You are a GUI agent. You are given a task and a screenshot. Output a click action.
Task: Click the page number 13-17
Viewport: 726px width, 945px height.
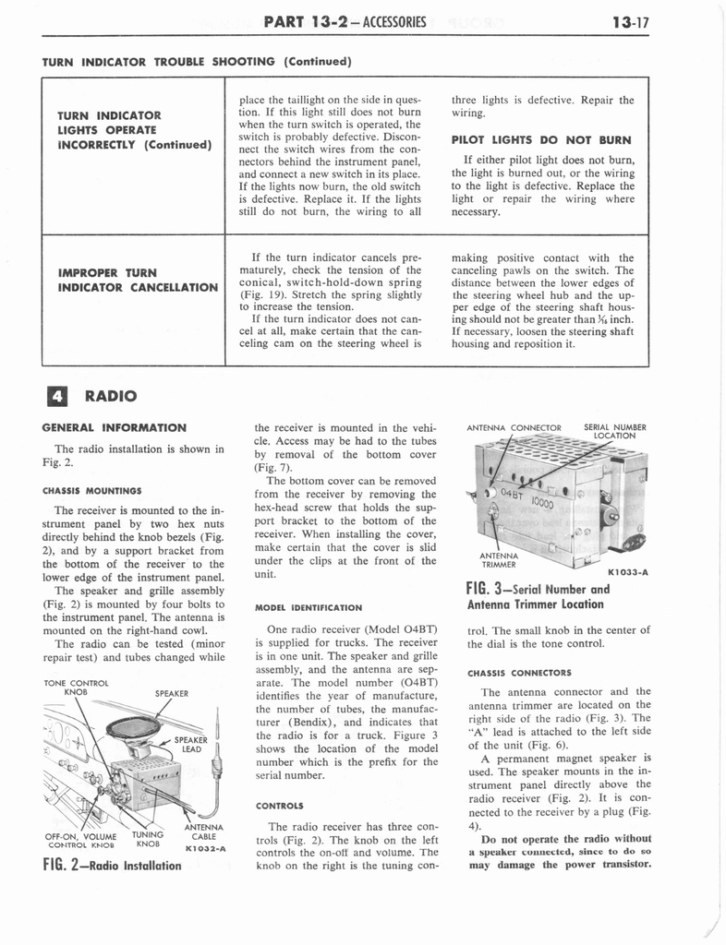tap(631, 18)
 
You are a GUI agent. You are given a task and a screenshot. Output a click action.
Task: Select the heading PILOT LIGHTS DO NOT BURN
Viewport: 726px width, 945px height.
tap(540, 140)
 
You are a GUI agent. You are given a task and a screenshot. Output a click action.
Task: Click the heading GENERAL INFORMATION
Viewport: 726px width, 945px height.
tap(115, 427)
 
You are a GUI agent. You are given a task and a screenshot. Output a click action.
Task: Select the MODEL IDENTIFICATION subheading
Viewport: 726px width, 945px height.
tap(309, 607)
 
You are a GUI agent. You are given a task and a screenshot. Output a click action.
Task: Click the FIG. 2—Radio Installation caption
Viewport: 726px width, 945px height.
tap(112, 866)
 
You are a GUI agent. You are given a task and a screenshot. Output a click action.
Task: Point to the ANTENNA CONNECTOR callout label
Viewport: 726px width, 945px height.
tap(514, 427)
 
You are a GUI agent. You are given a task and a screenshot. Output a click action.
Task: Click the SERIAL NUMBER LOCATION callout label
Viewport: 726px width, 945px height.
tap(615, 431)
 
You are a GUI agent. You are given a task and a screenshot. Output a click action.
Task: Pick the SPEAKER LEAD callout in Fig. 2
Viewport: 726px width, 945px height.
tap(190, 744)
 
